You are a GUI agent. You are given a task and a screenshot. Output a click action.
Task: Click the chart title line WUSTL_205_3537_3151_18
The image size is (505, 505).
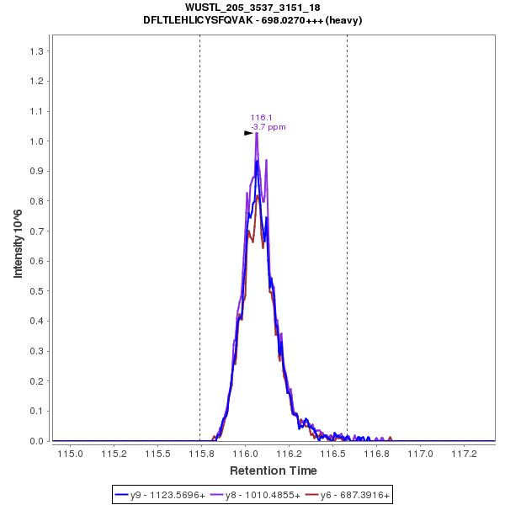click(x=252, y=8)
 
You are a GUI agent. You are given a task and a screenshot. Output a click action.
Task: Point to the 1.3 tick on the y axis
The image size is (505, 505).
click(x=37, y=51)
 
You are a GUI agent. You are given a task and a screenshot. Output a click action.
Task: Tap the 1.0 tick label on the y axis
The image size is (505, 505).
click(x=37, y=141)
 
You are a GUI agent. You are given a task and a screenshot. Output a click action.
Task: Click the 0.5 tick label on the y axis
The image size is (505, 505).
click(x=37, y=291)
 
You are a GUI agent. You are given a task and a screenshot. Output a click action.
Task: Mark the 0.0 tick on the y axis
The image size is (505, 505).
click(x=37, y=441)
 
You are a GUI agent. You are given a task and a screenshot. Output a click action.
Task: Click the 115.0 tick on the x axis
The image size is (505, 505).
click(x=70, y=454)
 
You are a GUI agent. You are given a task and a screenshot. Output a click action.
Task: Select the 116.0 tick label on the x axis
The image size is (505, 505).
click(x=245, y=454)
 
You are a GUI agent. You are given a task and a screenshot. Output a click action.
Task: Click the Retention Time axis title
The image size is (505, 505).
click(x=274, y=470)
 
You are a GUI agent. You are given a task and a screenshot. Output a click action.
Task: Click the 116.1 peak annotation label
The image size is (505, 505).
click(x=259, y=118)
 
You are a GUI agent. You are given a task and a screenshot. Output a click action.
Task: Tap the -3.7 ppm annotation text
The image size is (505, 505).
click(x=268, y=127)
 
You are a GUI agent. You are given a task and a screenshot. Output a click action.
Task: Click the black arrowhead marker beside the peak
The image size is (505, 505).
click(x=248, y=133)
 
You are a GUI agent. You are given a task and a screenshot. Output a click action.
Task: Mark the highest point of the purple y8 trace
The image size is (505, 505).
click(x=257, y=133)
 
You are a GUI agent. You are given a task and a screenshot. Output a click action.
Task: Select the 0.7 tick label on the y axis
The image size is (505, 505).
click(x=37, y=231)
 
